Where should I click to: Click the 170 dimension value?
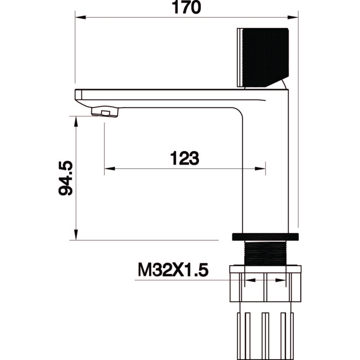click(x=186, y=7)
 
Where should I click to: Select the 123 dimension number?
click(x=184, y=158)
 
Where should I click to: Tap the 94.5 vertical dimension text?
click(x=66, y=178)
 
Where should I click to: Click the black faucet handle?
click(x=263, y=58)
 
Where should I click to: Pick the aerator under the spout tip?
click(x=105, y=112)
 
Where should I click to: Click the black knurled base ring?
click(x=265, y=237)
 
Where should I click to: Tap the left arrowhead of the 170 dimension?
click(x=81, y=17)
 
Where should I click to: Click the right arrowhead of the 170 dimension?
click(x=293, y=17)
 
